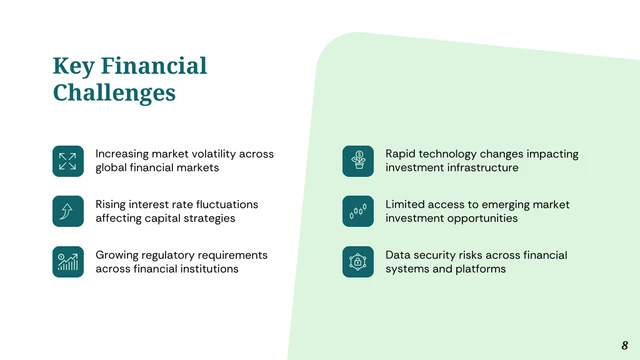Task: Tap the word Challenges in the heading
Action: click(114, 93)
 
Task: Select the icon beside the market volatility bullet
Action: click(68, 161)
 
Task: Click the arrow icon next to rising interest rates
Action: click(68, 211)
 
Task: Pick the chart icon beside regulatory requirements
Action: click(68, 262)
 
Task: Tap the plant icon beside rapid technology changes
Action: click(358, 161)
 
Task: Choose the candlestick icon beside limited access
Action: click(358, 211)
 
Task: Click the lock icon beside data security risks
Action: click(358, 262)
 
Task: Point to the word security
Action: click(436, 255)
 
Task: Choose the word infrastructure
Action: click(480, 168)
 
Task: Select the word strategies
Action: click(205, 218)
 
